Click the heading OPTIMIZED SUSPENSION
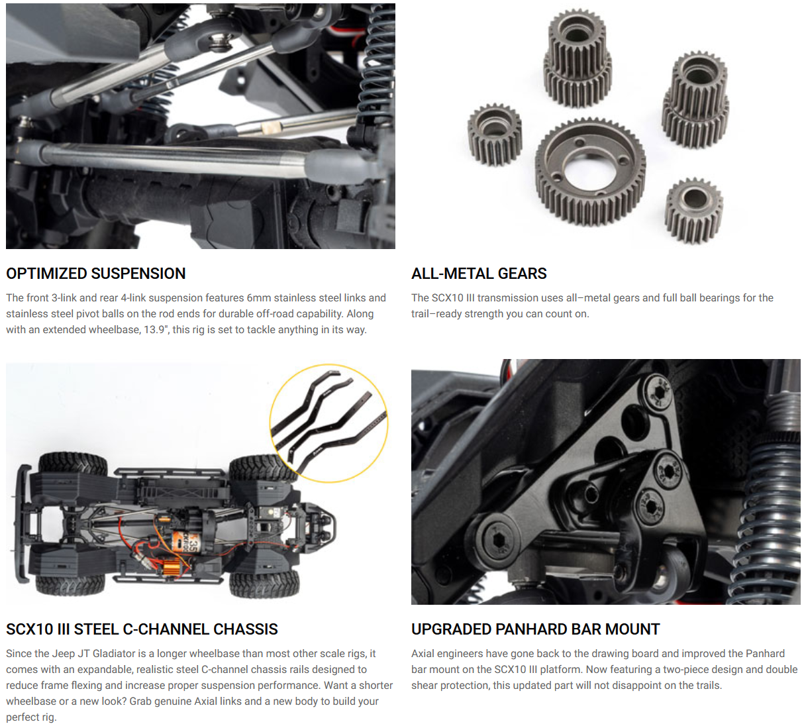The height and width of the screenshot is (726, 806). pyautogui.click(x=95, y=274)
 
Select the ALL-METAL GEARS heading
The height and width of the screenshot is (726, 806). pyautogui.click(x=479, y=274)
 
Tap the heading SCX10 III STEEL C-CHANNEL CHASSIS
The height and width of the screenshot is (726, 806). pyautogui.click(x=142, y=629)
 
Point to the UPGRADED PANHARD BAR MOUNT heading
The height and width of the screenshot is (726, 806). pyautogui.click(x=535, y=629)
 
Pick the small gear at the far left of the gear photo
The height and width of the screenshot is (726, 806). pyautogui.click(x=495, y=134)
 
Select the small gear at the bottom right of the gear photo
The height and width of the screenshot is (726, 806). pyautogui.click(x=693, y=210)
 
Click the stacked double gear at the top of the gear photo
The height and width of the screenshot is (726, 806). pyautogui.click(x=577, y=58)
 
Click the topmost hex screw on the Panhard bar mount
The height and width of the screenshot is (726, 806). pyautogui.click(x=659, y=391)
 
